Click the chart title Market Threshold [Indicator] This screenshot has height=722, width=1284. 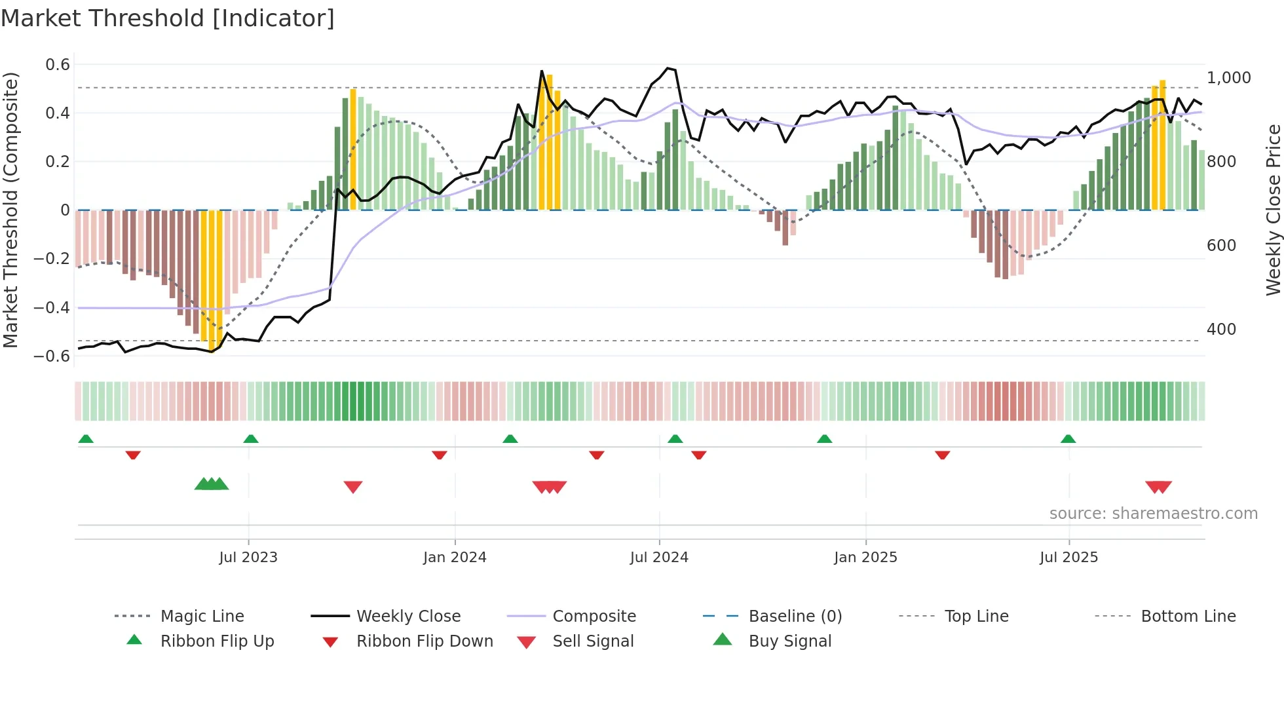[x=168, y=18]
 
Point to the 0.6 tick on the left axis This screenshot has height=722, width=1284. [x=58, y=64]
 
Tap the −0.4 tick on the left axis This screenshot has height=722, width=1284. [x=52, y=307]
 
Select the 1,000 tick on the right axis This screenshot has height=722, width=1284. [x=1229, y=77]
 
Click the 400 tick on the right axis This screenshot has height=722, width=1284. [x=1221, y=329]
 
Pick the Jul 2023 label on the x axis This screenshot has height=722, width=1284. [x=248, y=557]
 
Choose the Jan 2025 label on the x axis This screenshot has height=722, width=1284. [x=865, y=557]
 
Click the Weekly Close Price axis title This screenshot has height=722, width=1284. [x=1272, y=210]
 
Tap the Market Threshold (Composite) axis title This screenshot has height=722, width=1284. [x=10, y=210]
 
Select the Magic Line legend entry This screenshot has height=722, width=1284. [x=202, y=616]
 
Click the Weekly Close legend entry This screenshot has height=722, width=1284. [x=408, y=616]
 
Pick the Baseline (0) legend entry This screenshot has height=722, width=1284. [x=795, y=616]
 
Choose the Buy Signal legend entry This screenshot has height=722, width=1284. [x=789, y=641]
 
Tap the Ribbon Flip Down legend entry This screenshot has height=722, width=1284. [x=425, y=641]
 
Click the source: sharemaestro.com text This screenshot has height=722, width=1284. [x=1153, y=513]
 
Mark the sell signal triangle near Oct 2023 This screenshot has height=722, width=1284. [x=353, y=487]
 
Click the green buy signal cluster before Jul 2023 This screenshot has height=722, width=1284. [x=212, y=484]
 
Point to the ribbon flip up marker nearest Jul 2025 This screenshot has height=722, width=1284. [x=1068, y=439]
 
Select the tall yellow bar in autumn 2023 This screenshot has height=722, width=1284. [x=353, y=149]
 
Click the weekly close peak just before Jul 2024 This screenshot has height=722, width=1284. [x=668, y=68]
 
